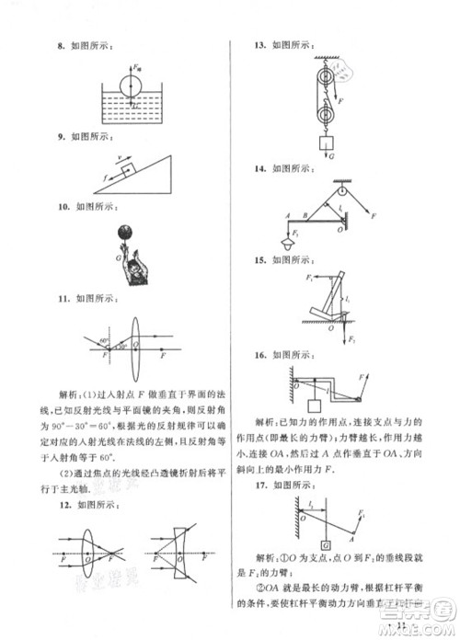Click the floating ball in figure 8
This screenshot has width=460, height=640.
131,86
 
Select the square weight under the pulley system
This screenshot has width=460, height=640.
325,144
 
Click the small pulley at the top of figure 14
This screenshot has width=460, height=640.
342,191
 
